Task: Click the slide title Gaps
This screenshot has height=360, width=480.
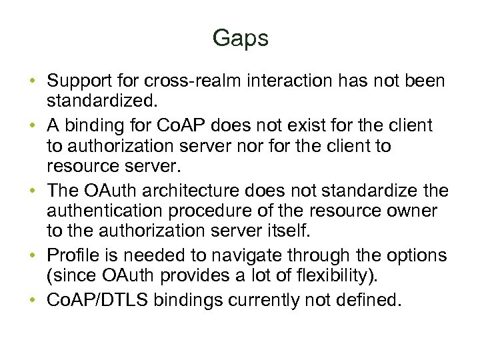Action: [x=240, y=38]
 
